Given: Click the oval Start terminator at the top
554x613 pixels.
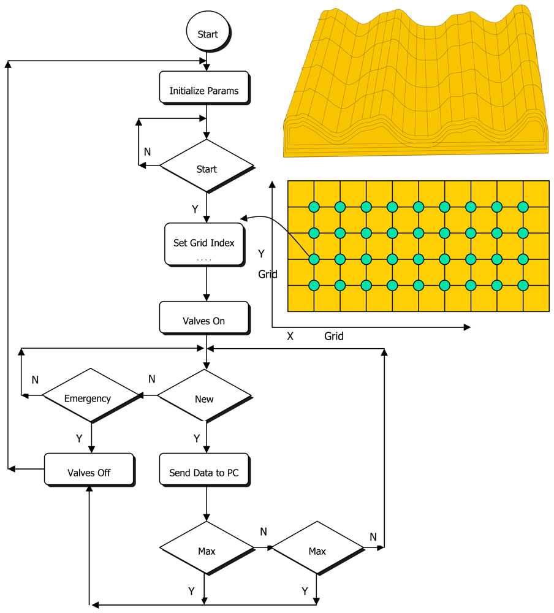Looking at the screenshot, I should pos(207,34).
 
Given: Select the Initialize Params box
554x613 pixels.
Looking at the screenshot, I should pos(203,91).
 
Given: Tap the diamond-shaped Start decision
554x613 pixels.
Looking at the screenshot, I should pos(207,169).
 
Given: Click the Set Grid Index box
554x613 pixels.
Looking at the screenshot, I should pos(203,243).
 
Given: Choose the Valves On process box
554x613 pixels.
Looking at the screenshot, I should pos(203,321).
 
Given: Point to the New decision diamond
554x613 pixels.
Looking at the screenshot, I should pos(204,399).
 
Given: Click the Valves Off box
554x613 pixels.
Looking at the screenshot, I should pos(89,472).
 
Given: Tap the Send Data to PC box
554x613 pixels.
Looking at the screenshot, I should pos(203,473).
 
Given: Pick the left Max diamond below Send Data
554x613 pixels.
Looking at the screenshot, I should pos(207,550).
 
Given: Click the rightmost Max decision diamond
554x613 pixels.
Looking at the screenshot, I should pos(317,550).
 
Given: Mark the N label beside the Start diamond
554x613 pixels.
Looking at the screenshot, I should pos(147,151).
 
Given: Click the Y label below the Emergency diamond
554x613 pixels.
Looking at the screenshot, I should pos(79,438).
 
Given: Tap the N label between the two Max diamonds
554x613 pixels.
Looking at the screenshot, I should pos(264,531).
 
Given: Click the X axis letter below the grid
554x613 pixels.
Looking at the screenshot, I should pos(290,336).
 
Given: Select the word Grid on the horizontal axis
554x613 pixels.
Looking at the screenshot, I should pos(334,336).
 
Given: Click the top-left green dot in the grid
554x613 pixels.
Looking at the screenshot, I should pos(314,207).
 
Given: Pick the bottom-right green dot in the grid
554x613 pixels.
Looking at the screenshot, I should pos(523,285).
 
